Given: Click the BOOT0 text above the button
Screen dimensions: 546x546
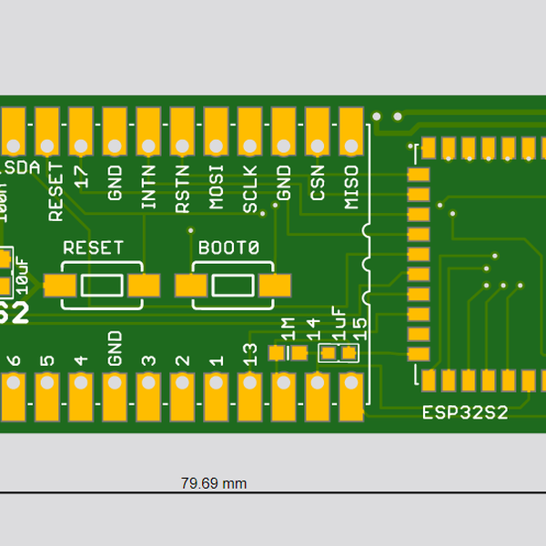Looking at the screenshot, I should tap(228, 248).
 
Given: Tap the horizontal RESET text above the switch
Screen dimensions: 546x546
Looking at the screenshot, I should tap(93, 248).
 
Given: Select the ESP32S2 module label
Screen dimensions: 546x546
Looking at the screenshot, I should tap(465, 412).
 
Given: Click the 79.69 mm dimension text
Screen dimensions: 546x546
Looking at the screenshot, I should tap(214, 483).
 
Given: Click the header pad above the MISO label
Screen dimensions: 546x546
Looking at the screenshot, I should tap(351, 133).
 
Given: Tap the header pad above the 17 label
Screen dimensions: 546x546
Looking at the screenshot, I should tap(81, 133).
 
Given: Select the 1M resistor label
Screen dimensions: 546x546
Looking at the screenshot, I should tap(288, 329).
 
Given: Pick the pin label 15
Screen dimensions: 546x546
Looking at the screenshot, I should tap(359, 329).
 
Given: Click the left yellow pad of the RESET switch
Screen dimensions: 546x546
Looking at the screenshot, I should tap(60, 286).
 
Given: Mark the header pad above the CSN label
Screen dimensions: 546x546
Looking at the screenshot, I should tap(318, 133).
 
